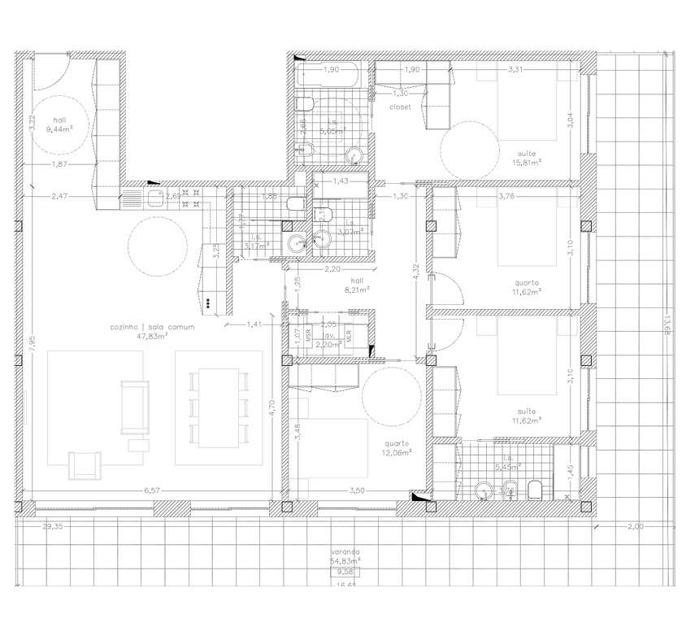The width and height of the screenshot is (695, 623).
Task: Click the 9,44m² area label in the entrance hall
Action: (60, 129)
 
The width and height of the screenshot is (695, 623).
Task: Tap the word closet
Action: (400, 107)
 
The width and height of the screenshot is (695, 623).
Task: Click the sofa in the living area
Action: (135, 407)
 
